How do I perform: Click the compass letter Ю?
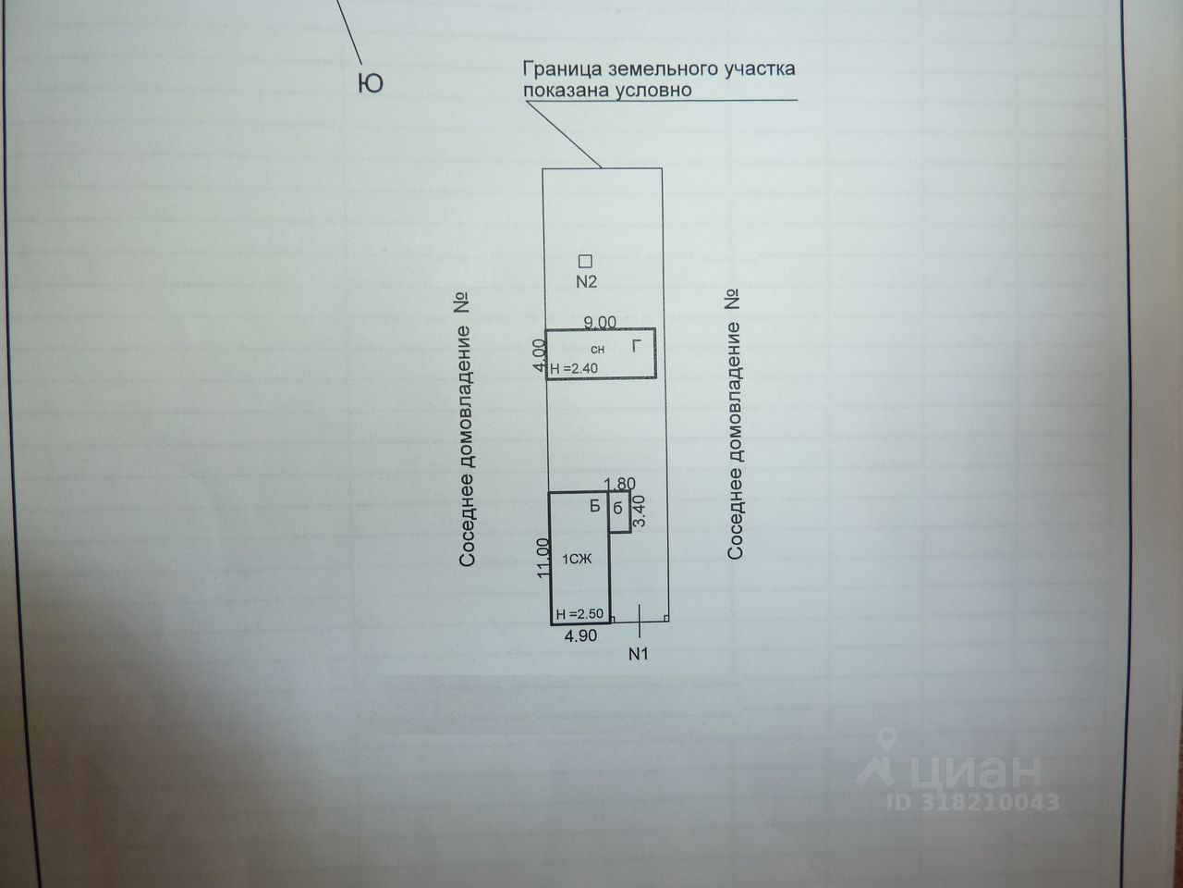[x=370, y=84]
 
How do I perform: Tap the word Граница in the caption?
[x=556, y=69]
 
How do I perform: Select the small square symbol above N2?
[x=585, y=261]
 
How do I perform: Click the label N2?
[x=587, y=282]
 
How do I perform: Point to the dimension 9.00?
[x=600, y=322]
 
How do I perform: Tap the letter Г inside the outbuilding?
[x=636, y=347]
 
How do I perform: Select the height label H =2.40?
[x=574, y=368]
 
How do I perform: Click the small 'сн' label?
[x=597, y=350]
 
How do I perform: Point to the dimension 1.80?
[x=619, y=484]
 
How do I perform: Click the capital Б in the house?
[x=595, y=506]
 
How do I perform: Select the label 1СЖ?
[x=576, y=559]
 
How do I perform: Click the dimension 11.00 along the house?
[x=543, y=559]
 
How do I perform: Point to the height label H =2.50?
[x=579, y=614]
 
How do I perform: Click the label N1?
[x=639, y=654]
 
